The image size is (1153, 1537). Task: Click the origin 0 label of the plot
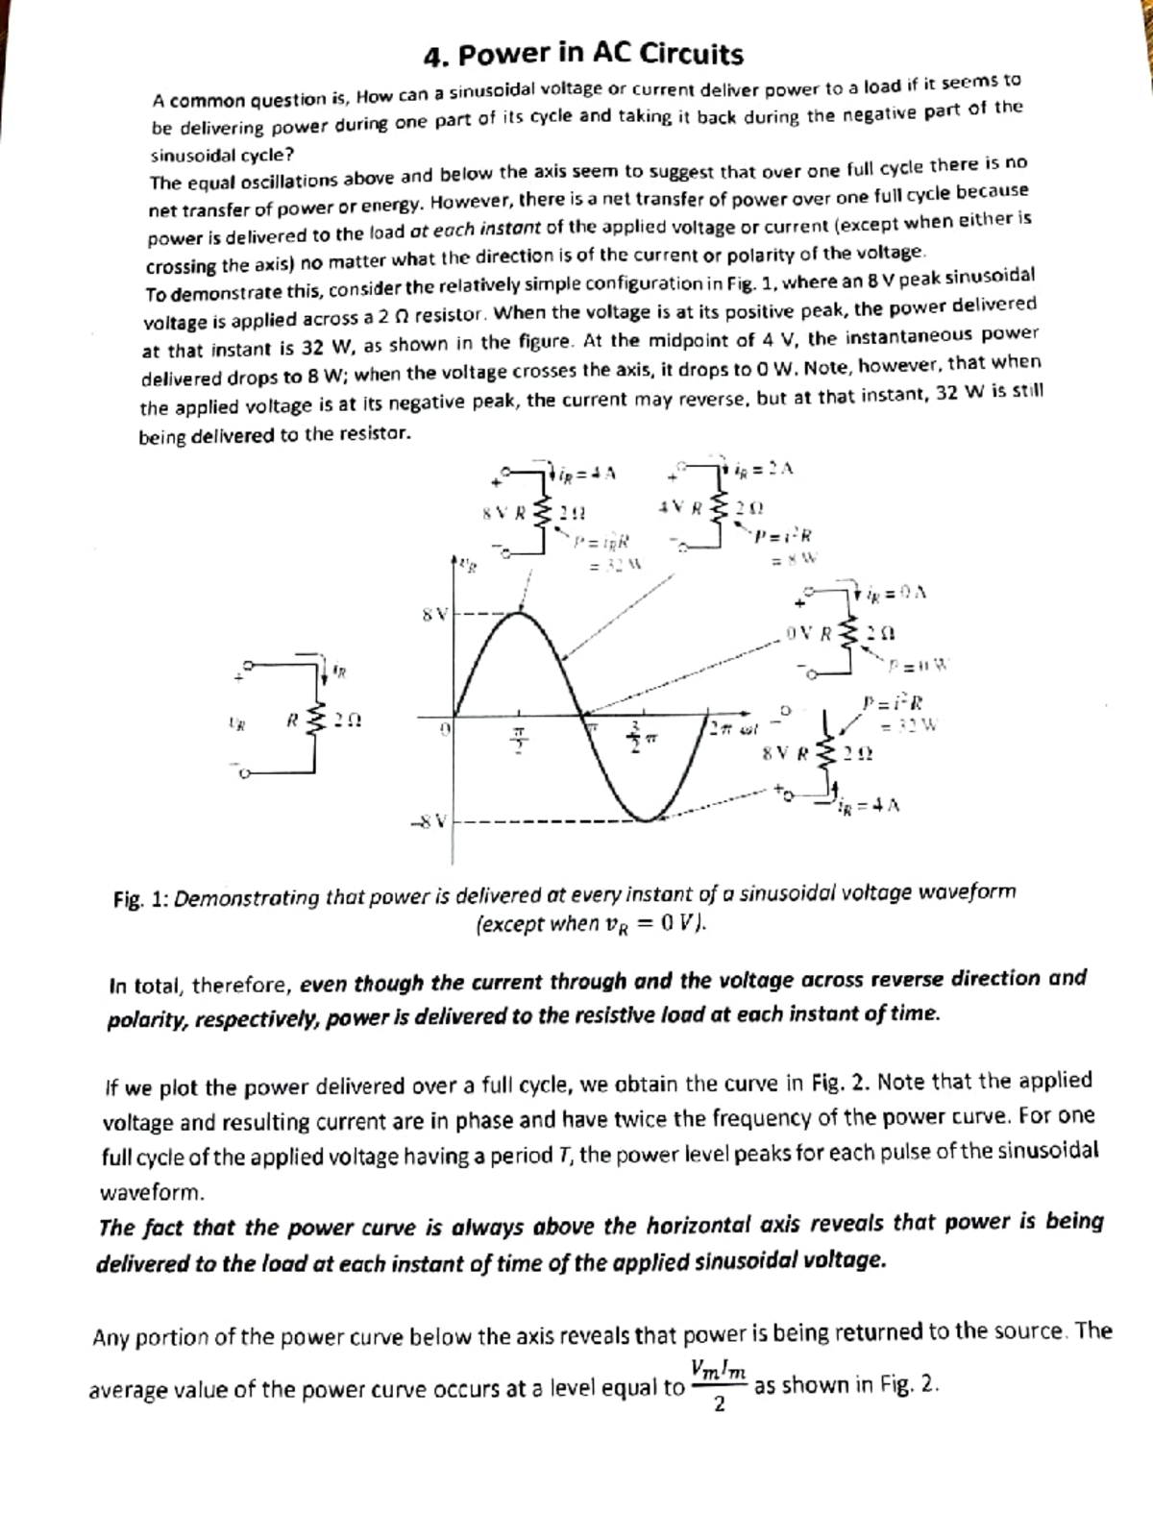click(444, 730)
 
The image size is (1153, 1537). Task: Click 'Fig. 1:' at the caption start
click(141, 900)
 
